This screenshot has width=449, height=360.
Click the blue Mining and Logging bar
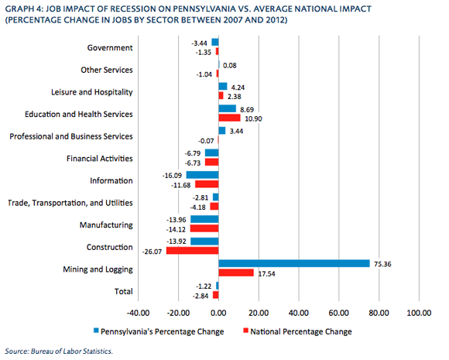tap(294, 263)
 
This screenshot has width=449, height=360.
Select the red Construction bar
tap(193, 251)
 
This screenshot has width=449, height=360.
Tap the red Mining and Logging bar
tap(236, 273)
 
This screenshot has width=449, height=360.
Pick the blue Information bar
tap(203, 175)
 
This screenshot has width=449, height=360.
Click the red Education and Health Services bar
tap(230, 118)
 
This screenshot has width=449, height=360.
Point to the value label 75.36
tap(382, 264)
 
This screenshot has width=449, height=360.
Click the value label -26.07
tap(152, 252)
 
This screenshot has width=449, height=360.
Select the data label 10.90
tap(253, 119)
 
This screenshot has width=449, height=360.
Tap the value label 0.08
tap(230, 66)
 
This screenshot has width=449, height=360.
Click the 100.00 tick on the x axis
tap(420, 313)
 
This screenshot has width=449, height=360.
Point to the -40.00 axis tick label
tap(138, 313)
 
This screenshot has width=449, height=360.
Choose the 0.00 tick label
tap(218, 313)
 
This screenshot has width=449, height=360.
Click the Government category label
tap(110, 47)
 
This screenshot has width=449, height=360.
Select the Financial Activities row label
tap(100, 159)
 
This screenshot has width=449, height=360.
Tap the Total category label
tap(124, 291)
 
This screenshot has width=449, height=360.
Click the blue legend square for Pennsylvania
tap(96, 331)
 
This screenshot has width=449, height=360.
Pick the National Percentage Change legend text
tap(301, 331)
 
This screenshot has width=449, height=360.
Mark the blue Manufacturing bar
tap(204, 219)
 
